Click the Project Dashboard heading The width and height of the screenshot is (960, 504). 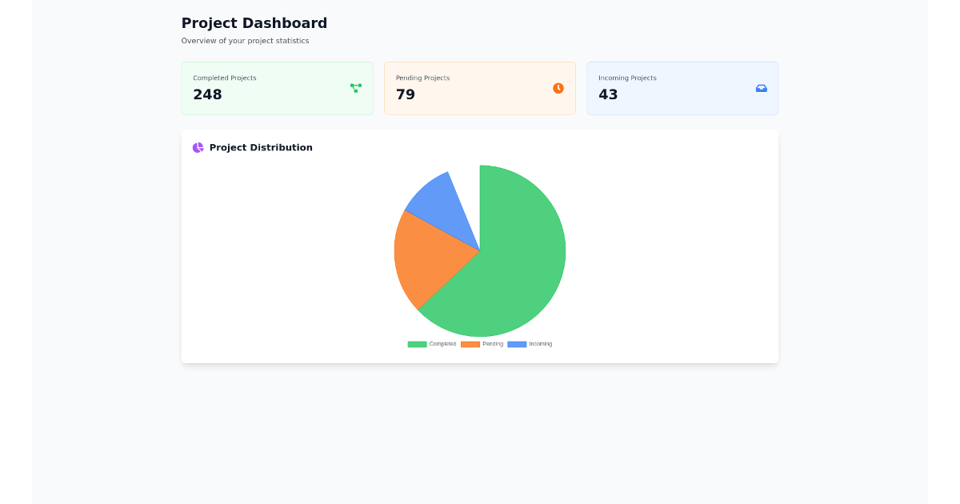254,23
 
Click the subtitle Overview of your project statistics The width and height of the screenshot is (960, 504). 245,41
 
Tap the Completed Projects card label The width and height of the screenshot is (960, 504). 225,78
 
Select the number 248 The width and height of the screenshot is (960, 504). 207,94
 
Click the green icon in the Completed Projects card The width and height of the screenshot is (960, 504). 356,88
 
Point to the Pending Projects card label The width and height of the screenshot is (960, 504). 422,78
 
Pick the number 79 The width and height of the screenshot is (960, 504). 406,94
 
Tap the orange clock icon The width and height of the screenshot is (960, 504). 558,88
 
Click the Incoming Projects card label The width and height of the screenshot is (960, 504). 627,78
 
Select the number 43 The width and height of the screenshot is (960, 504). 608,94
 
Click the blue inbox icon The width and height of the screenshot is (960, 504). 762,88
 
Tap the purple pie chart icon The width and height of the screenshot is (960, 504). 198,148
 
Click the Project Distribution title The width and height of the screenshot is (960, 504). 261,148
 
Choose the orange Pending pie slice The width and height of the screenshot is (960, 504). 428,256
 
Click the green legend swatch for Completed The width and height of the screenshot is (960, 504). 417,344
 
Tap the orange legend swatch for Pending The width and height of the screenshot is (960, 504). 470,344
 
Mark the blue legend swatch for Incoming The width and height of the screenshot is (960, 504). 517,344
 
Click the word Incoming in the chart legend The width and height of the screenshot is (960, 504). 540,344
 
